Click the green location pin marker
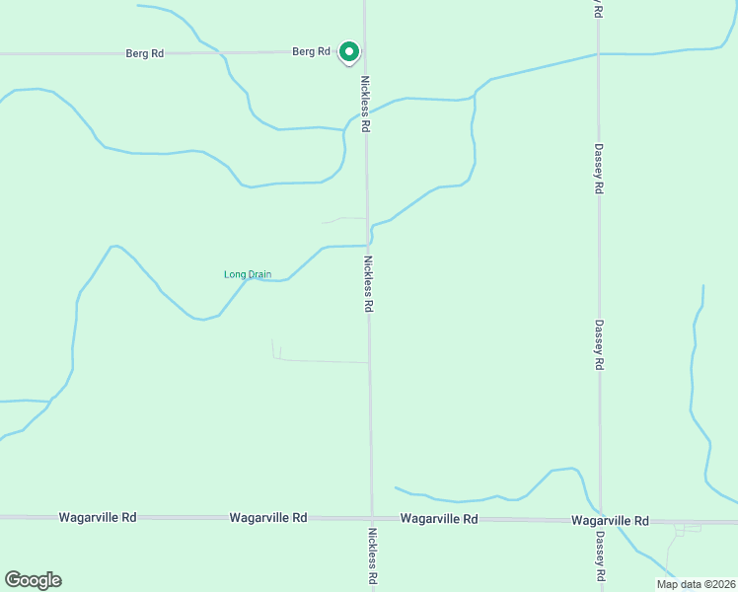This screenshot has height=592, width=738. tap(348, 51)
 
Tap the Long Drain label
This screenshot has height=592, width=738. tap(247, 274)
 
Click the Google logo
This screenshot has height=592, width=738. tap(33, 580)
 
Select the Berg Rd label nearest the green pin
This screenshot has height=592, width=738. tap(310, 51)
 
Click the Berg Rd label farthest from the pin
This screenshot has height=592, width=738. tap(144, 53)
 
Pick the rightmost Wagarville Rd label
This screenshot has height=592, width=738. tap(610, 520)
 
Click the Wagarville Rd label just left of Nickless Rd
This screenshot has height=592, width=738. tap(267, 517)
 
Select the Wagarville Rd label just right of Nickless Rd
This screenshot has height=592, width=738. tap(439, 519)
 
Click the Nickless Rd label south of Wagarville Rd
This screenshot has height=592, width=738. tap(373, 556)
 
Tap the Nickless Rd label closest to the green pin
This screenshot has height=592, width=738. tap(366, 105)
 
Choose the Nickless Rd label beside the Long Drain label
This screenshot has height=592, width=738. tap(368, 284)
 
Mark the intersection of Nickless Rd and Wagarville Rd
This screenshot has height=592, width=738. tap(372, 518)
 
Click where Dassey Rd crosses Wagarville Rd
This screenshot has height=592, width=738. tap(600, 520)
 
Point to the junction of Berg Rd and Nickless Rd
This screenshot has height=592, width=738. tap(364, 51)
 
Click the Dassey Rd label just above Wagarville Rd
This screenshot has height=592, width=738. tap(599, 344)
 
